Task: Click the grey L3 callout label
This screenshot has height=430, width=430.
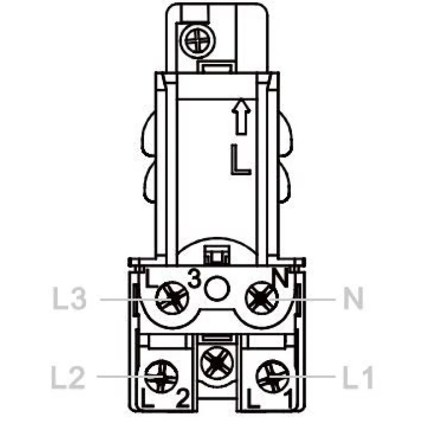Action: point(69,298)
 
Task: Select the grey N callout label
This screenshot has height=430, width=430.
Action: point(354,298)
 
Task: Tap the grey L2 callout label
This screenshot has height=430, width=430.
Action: point(68,378)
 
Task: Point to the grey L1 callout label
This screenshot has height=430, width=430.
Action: point(358,378)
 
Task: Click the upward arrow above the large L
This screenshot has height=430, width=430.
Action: point(241,116)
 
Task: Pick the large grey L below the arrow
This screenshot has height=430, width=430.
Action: point(240,160)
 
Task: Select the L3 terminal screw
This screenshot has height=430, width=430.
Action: point(172,298)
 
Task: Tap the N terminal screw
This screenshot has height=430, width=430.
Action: point(261,298)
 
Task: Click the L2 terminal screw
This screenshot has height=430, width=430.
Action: point(161,377)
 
